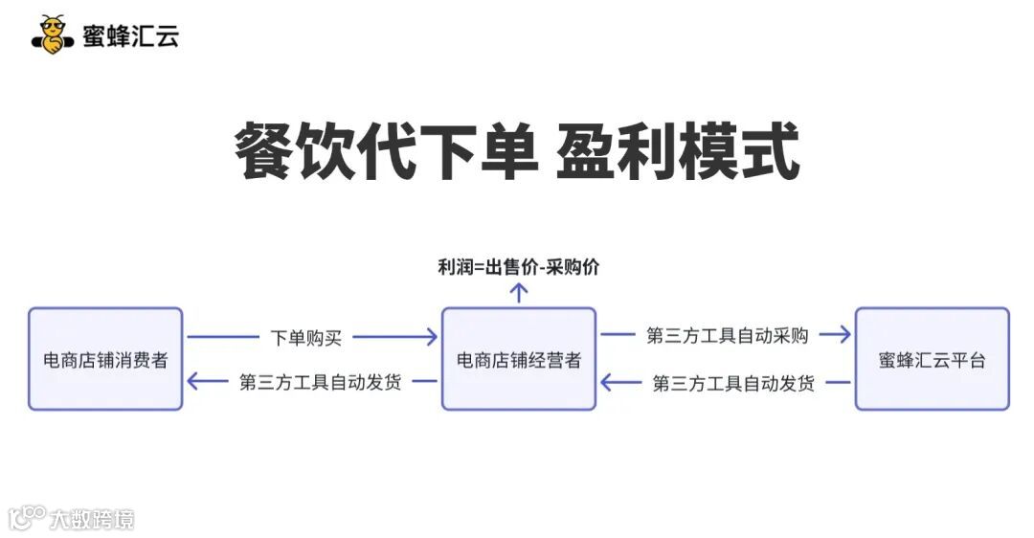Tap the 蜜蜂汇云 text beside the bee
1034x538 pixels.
point(130,36)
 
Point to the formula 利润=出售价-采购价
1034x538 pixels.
point(518,267)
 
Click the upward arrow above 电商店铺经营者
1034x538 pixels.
point(518,292)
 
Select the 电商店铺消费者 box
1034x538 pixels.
point(105,359)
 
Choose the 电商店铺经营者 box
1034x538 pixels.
point(518,359)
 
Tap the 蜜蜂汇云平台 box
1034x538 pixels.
point(932,359)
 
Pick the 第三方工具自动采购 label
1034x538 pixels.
point(727,335)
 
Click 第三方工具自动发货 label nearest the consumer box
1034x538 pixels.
point(320,382)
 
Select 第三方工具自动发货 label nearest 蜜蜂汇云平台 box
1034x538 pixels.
point(733,383)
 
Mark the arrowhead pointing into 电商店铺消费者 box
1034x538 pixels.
point(193,382)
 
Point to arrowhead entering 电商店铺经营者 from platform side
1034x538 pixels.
point(607,383)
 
